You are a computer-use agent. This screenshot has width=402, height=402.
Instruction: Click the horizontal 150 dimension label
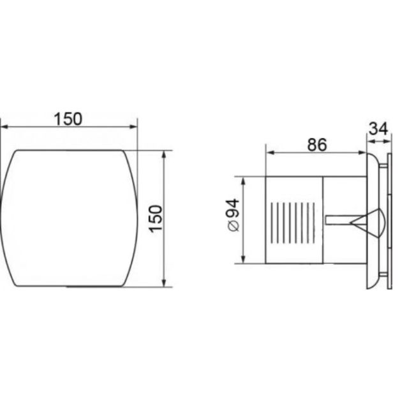point(68,119)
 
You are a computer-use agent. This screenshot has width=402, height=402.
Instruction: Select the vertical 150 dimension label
point(156,219)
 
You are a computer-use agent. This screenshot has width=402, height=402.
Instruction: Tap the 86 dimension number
point(317,145)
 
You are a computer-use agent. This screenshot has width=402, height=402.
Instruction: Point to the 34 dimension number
point(378,129)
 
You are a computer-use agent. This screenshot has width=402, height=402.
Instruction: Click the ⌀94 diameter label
point(234,215)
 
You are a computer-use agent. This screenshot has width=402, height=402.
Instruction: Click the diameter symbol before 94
point(234,227)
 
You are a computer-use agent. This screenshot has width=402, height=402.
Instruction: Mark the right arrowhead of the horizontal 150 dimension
point(133,126)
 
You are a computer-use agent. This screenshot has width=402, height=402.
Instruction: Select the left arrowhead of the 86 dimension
point(270,153)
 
